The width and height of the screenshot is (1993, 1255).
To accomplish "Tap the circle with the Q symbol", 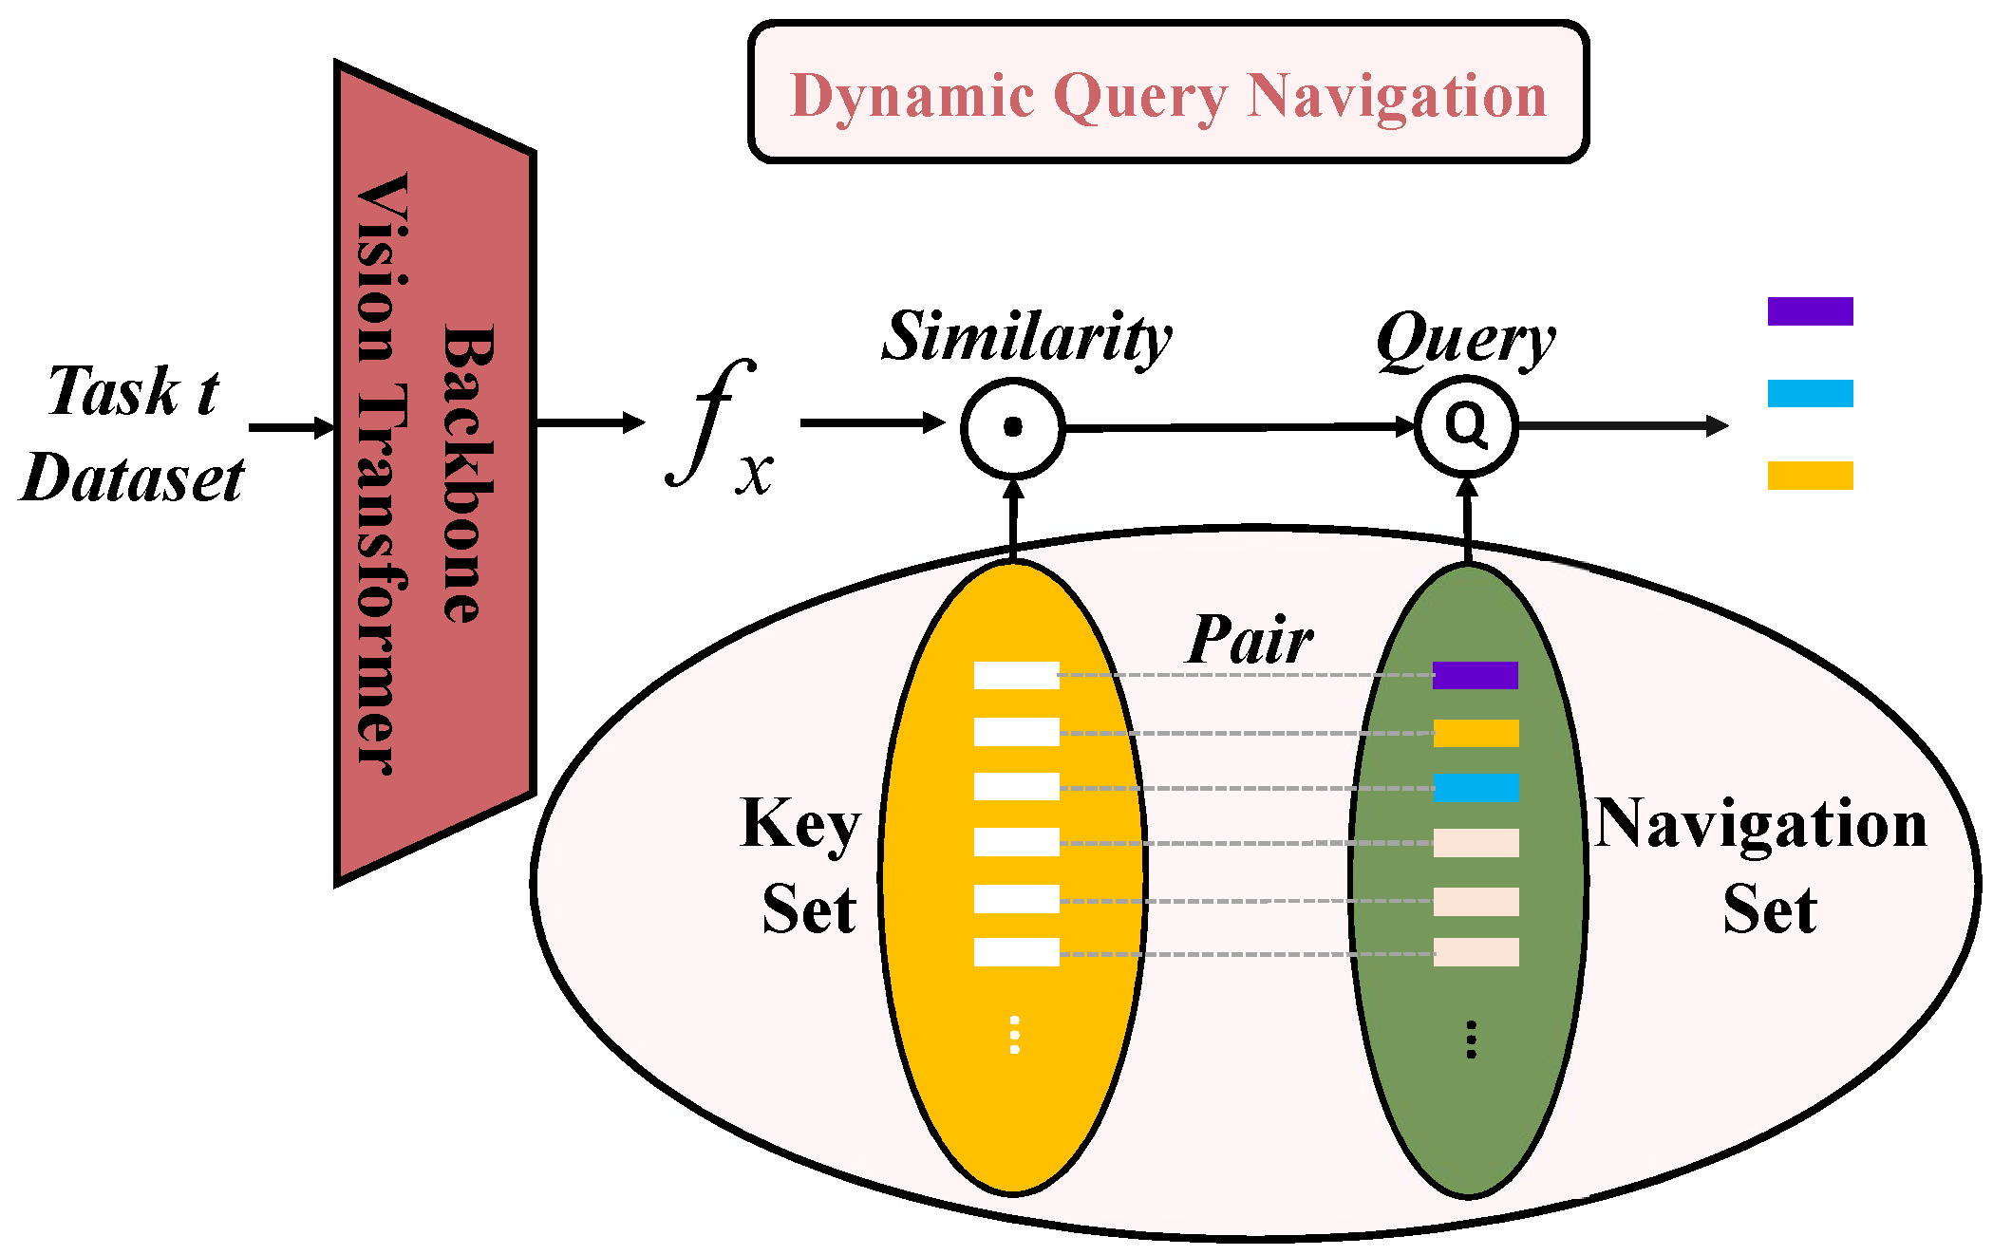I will pos(1466,426).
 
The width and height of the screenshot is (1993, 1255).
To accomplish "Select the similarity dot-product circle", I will pos(1012,427).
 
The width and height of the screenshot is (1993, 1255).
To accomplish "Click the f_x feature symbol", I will pos(719,427).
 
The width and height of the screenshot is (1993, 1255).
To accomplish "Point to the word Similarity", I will pos(1026,337).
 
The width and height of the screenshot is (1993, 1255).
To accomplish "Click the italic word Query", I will pos(1465,340).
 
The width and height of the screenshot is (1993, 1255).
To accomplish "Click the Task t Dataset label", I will pos(133,434).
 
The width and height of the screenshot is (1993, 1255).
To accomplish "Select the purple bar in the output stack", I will pos(1810,311).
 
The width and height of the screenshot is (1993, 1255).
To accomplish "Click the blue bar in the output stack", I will pos(1810,393).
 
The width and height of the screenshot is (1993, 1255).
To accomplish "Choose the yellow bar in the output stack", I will pos(1810,476).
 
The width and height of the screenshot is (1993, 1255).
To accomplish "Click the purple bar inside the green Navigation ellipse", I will pos(1475,675).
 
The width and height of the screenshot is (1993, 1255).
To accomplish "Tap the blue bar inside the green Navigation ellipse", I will pos(1475,788).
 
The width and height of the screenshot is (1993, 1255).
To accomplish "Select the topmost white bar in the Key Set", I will pos(1016,675).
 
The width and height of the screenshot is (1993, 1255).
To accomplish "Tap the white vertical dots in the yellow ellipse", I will pos(1014,1035).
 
